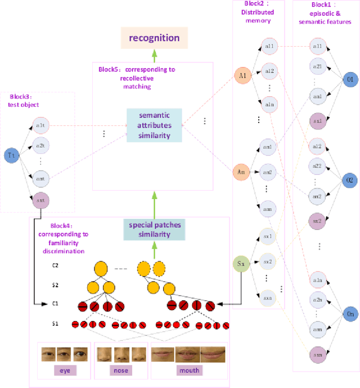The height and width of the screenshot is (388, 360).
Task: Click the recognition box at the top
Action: pos(154,38)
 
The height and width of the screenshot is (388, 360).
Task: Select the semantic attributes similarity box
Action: pos(154,125)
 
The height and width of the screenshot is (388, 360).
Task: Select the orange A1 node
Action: pos(243,75)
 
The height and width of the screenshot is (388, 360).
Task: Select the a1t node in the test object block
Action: pos(40,124)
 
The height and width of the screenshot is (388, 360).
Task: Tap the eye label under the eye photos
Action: pos(65,371)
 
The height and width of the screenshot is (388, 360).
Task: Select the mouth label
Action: pos(189,371)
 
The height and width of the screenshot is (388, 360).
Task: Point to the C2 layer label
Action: pos(55,265)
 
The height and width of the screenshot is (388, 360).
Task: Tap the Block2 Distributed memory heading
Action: pos(258,17)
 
